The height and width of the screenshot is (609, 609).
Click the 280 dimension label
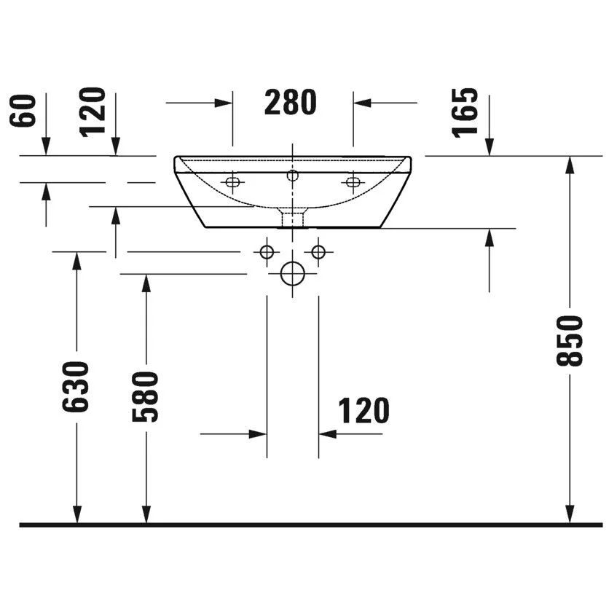pyautogui.click(x=290, y=103)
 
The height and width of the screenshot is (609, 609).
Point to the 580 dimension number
pyautogui.click(x=146, y=397)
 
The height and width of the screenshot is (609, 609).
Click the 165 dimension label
pyautogui.click(x=467, y=111)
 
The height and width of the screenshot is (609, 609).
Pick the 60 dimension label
pyautogui.click(x=28, y=110)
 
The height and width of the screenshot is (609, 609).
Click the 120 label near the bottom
pyautogui.click(x=364, y=412)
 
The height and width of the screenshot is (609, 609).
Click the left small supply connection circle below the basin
pyautogui.click(x=267, y=251)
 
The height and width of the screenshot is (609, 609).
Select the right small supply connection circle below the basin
pyautogui.click(x=318, y=251)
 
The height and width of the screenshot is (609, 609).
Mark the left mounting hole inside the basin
pyautogui.click(x=232, y=182)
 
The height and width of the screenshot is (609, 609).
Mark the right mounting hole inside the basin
pyautogui.click(x=353, y=181)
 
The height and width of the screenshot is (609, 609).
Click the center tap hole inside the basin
pyautogui.click(x=293, y=175)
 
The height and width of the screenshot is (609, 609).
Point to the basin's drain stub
pyautogui.click(x=293, y=217)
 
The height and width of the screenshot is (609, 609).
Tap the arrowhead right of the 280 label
pyautogui.click(x=362, y=103)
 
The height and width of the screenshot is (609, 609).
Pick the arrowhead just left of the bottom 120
pyautogui.click(x=258, y=434)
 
